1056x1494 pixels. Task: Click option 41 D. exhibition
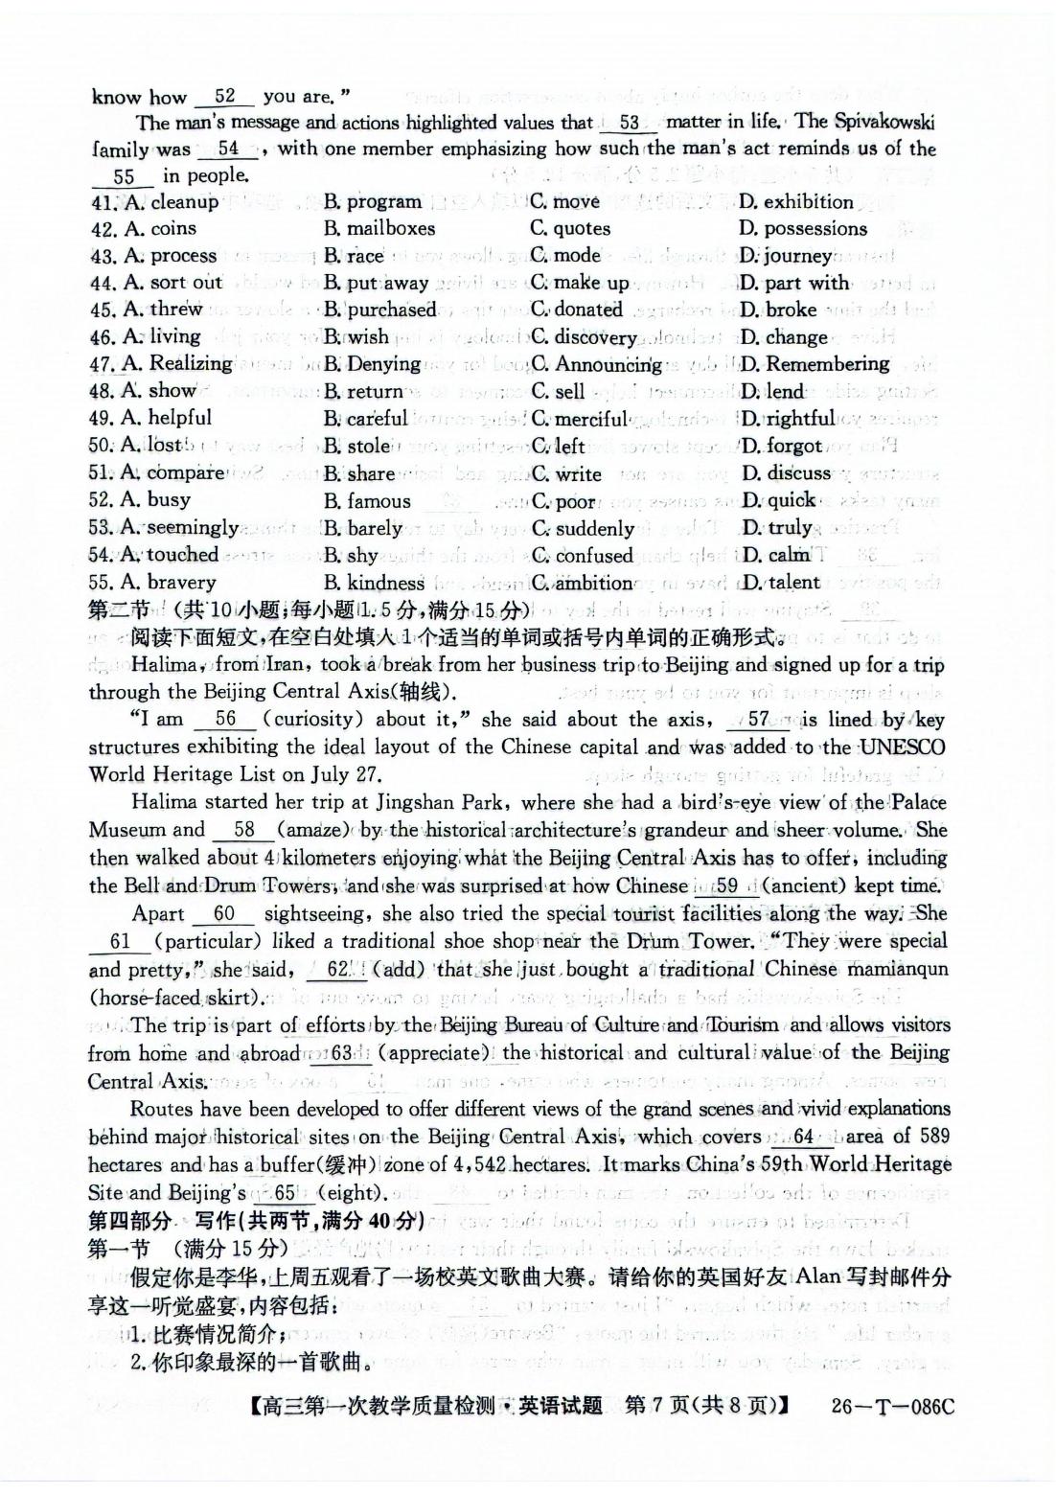coord(795,202)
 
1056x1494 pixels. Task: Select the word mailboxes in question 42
coord(379,229)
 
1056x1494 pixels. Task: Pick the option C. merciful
coord(580,419)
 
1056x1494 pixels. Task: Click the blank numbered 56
coord(225,720)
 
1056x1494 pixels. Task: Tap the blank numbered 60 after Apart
coord(224,914)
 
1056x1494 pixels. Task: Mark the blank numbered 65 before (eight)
coord(285,1193)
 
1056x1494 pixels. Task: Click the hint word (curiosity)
coord(313,720)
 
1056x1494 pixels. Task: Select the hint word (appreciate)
coord(435,1053)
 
